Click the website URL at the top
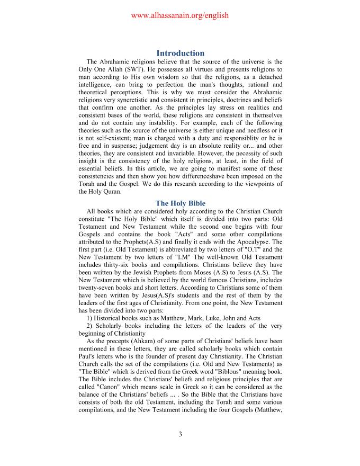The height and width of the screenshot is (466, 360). coord(179,15)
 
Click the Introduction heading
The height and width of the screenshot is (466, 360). coord(180,53)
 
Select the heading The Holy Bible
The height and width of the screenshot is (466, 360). coord(180,203)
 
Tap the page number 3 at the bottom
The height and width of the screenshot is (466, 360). coord(180,435)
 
